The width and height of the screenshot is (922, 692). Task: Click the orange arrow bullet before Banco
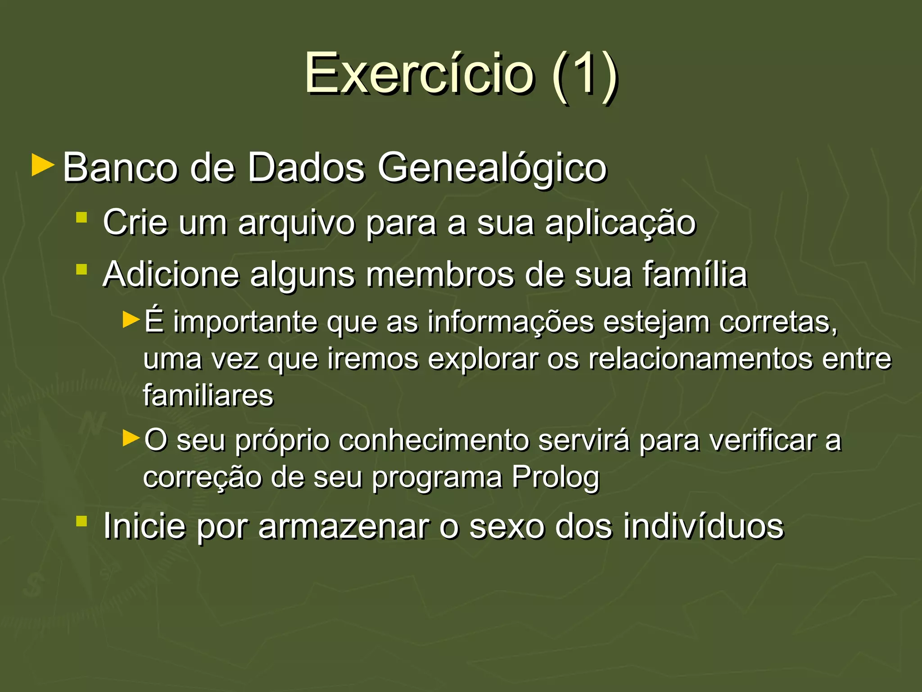pyautogui.click(x=43, y=165)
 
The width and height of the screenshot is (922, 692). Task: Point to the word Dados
pyautogui.click(x=306, y=168)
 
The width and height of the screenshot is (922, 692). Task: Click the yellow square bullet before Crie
pyautogui.click(x=81, y=218)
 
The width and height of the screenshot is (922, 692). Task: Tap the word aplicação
pyautogui.click(x=620, y=223)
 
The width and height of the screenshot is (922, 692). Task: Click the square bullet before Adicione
pyautogui.click(x=81, y=269)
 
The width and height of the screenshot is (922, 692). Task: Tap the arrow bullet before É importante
pyautogui.click(x=131, y=320)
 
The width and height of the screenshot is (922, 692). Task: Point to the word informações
pyautogui.click(x=511, y=323)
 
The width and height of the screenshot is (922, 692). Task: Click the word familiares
pyautogui.click(x=208, y=396)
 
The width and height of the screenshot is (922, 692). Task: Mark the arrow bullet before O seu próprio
pyautogui.click(x=131, y=438)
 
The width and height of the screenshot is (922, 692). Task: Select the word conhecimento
pyautogui.click(x=434, y=441)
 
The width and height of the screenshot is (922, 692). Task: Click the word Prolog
pyautogui.click(x=556, y=478)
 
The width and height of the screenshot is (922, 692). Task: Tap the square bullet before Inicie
pyautogui.click(x=81, y=522)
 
